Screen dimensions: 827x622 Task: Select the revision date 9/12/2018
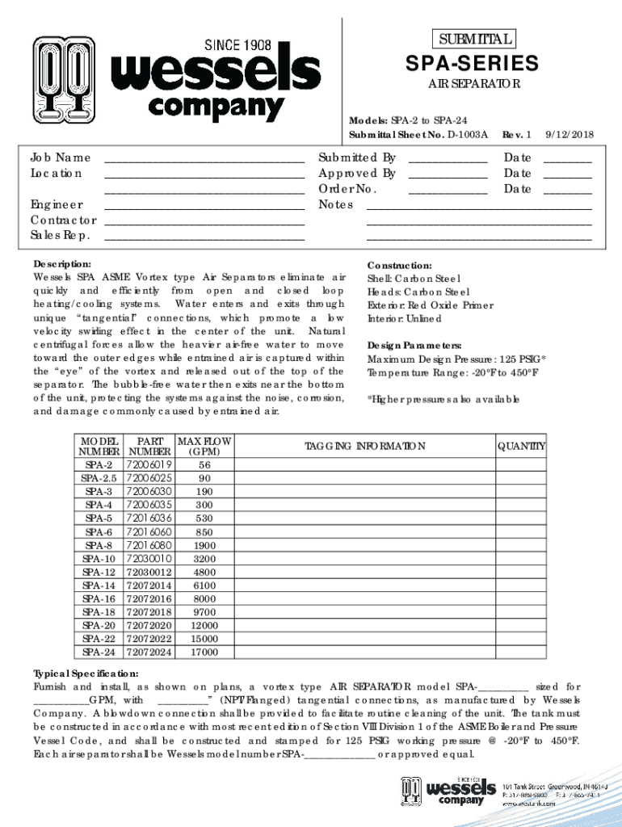click(x=569, y=136)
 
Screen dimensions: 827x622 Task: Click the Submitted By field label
click(x=357, y=157)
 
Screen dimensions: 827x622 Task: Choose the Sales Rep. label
click(x=61, y=236)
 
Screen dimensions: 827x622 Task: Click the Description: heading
click(x=62, y=265)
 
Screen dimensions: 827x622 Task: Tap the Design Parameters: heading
click(x=414, y=345)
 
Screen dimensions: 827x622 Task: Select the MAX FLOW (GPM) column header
click(x=204, y=447)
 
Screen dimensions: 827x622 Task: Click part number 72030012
click(x=149, y=572)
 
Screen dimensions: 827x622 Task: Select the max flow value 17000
click(x=204, y=652)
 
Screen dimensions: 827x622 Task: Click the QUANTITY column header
click(x=521, y=447)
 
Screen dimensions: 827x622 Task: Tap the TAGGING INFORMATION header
click(x=364, y=447)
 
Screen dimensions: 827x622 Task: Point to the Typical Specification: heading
click(x=86, y=674)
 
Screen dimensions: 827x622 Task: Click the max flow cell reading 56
click(x=204, y=465)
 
